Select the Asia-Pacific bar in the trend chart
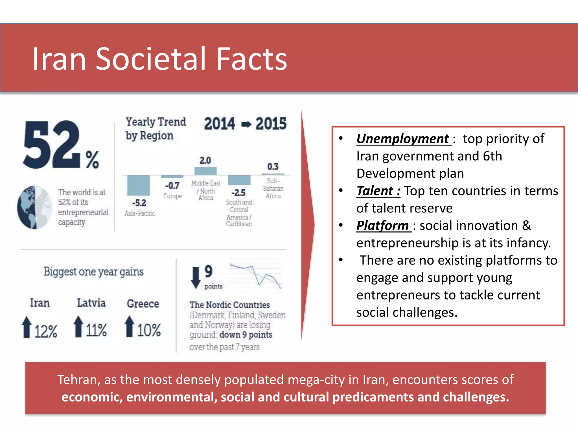click(x=138, y=185)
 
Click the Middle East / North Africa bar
click(x=205, y=171)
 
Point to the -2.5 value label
click(x=238, y=193)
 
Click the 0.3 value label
click(x=273, y=166)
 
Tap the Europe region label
click(x=172, y=196)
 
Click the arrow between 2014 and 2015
click(x=246, y=124)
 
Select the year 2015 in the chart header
click(x=271, y=124)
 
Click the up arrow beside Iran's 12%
click(x=27, y=327)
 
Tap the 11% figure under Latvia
click(x=96, y=330)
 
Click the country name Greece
click(x=143, y=304)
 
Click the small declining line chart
click(x=255, y=275)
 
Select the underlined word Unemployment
click(x=403, y=139)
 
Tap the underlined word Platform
click(x=383, y=225)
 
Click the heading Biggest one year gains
click(x=93, y=272)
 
